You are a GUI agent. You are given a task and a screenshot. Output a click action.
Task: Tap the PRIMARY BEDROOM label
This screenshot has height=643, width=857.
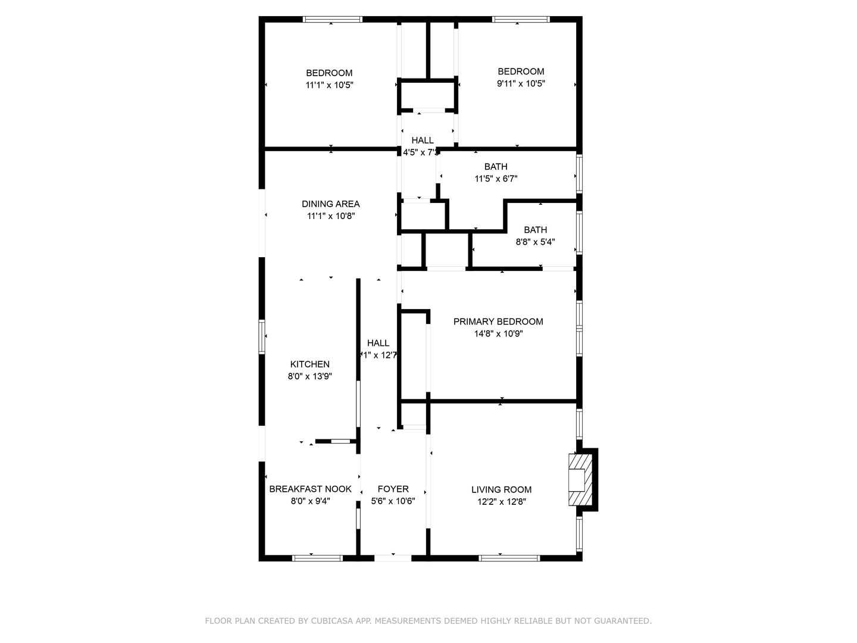point(498,321)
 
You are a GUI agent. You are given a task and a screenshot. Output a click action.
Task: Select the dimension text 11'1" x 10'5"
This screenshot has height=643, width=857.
point(330,85)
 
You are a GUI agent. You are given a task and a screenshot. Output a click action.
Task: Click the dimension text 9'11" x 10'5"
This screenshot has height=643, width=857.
point(521,84)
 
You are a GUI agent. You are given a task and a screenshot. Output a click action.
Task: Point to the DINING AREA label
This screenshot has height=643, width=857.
point(330,204)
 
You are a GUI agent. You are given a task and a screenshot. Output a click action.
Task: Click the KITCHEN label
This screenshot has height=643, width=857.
point(309,364)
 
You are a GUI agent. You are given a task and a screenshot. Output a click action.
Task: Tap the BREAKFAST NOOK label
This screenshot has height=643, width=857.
point(310,489)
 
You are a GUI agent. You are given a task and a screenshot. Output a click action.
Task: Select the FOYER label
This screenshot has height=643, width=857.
point(393,489)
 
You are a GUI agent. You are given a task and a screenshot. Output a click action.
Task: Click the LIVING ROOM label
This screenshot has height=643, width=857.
point(501,490)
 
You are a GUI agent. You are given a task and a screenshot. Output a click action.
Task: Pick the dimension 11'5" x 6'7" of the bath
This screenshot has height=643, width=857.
point(496,179)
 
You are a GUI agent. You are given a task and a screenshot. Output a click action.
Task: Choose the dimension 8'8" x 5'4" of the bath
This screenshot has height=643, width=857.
point(535,242)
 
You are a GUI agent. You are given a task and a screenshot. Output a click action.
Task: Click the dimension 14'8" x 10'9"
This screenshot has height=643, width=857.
point(498,334)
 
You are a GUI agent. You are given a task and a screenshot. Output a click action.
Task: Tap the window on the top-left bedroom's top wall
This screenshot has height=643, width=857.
point(333,20)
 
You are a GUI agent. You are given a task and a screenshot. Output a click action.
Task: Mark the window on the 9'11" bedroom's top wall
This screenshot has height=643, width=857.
point(520,20)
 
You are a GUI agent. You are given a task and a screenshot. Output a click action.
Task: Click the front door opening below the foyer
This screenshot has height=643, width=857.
point(393,558)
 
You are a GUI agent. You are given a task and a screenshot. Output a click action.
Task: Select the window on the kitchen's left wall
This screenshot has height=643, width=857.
point(261,336)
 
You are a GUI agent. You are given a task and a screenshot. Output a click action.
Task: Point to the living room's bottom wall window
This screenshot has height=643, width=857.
point(509,558)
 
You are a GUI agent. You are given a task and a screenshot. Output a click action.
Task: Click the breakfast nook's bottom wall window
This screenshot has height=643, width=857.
point(317,558)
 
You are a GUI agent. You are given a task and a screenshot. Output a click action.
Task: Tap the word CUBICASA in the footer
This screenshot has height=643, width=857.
point(333,621)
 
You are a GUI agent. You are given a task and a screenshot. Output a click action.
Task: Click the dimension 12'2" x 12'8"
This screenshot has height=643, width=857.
point(501,502)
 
